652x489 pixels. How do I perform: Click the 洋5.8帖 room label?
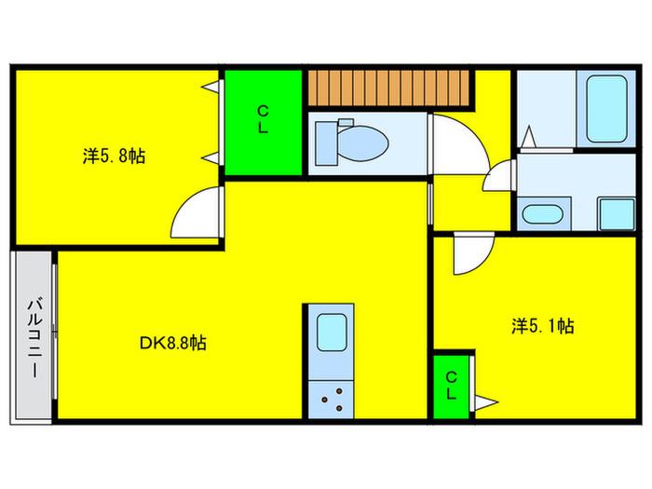[x=114, y=156]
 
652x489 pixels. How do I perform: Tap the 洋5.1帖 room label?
[x=543, y=326]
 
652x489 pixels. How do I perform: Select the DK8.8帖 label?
[x=172, y=343]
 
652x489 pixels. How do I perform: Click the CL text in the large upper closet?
[x=263, y=119]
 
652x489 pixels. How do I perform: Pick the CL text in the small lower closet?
[x=452, y=386]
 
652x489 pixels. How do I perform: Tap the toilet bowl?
[x=361, y=143]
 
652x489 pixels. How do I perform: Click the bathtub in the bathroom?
[x=606, y=109]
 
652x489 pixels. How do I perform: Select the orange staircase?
[x=388, y=88]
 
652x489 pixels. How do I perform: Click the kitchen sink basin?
[x=332, y=332]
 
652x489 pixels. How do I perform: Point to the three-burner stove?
[x=332, y=400]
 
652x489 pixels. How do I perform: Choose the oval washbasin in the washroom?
[x=543, y=214]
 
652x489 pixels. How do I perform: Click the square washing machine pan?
[x=617, y=213]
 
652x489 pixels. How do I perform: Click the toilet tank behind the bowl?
[x=326, y=143]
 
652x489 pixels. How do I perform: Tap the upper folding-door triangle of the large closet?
[x=211, y=87]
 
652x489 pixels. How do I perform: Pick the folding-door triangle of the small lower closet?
[x=485, y=402]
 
